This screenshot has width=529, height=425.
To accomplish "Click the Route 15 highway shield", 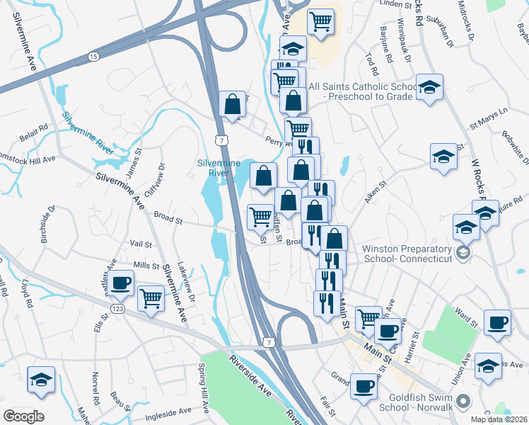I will (93, 55).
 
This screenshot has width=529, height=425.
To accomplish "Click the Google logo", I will (23, 416).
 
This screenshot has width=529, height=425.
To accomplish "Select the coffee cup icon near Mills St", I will (122, 283).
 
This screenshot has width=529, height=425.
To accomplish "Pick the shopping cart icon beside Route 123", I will (151, 299).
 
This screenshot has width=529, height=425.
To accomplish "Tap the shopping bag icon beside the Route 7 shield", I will (233, 105).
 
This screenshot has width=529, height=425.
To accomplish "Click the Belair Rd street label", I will (33, 132).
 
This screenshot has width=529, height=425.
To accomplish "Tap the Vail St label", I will (141, 244).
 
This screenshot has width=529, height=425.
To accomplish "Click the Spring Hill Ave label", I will (204, 388).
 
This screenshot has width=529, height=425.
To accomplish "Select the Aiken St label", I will (376, 192).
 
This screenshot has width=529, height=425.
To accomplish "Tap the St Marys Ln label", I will (489, 120).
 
